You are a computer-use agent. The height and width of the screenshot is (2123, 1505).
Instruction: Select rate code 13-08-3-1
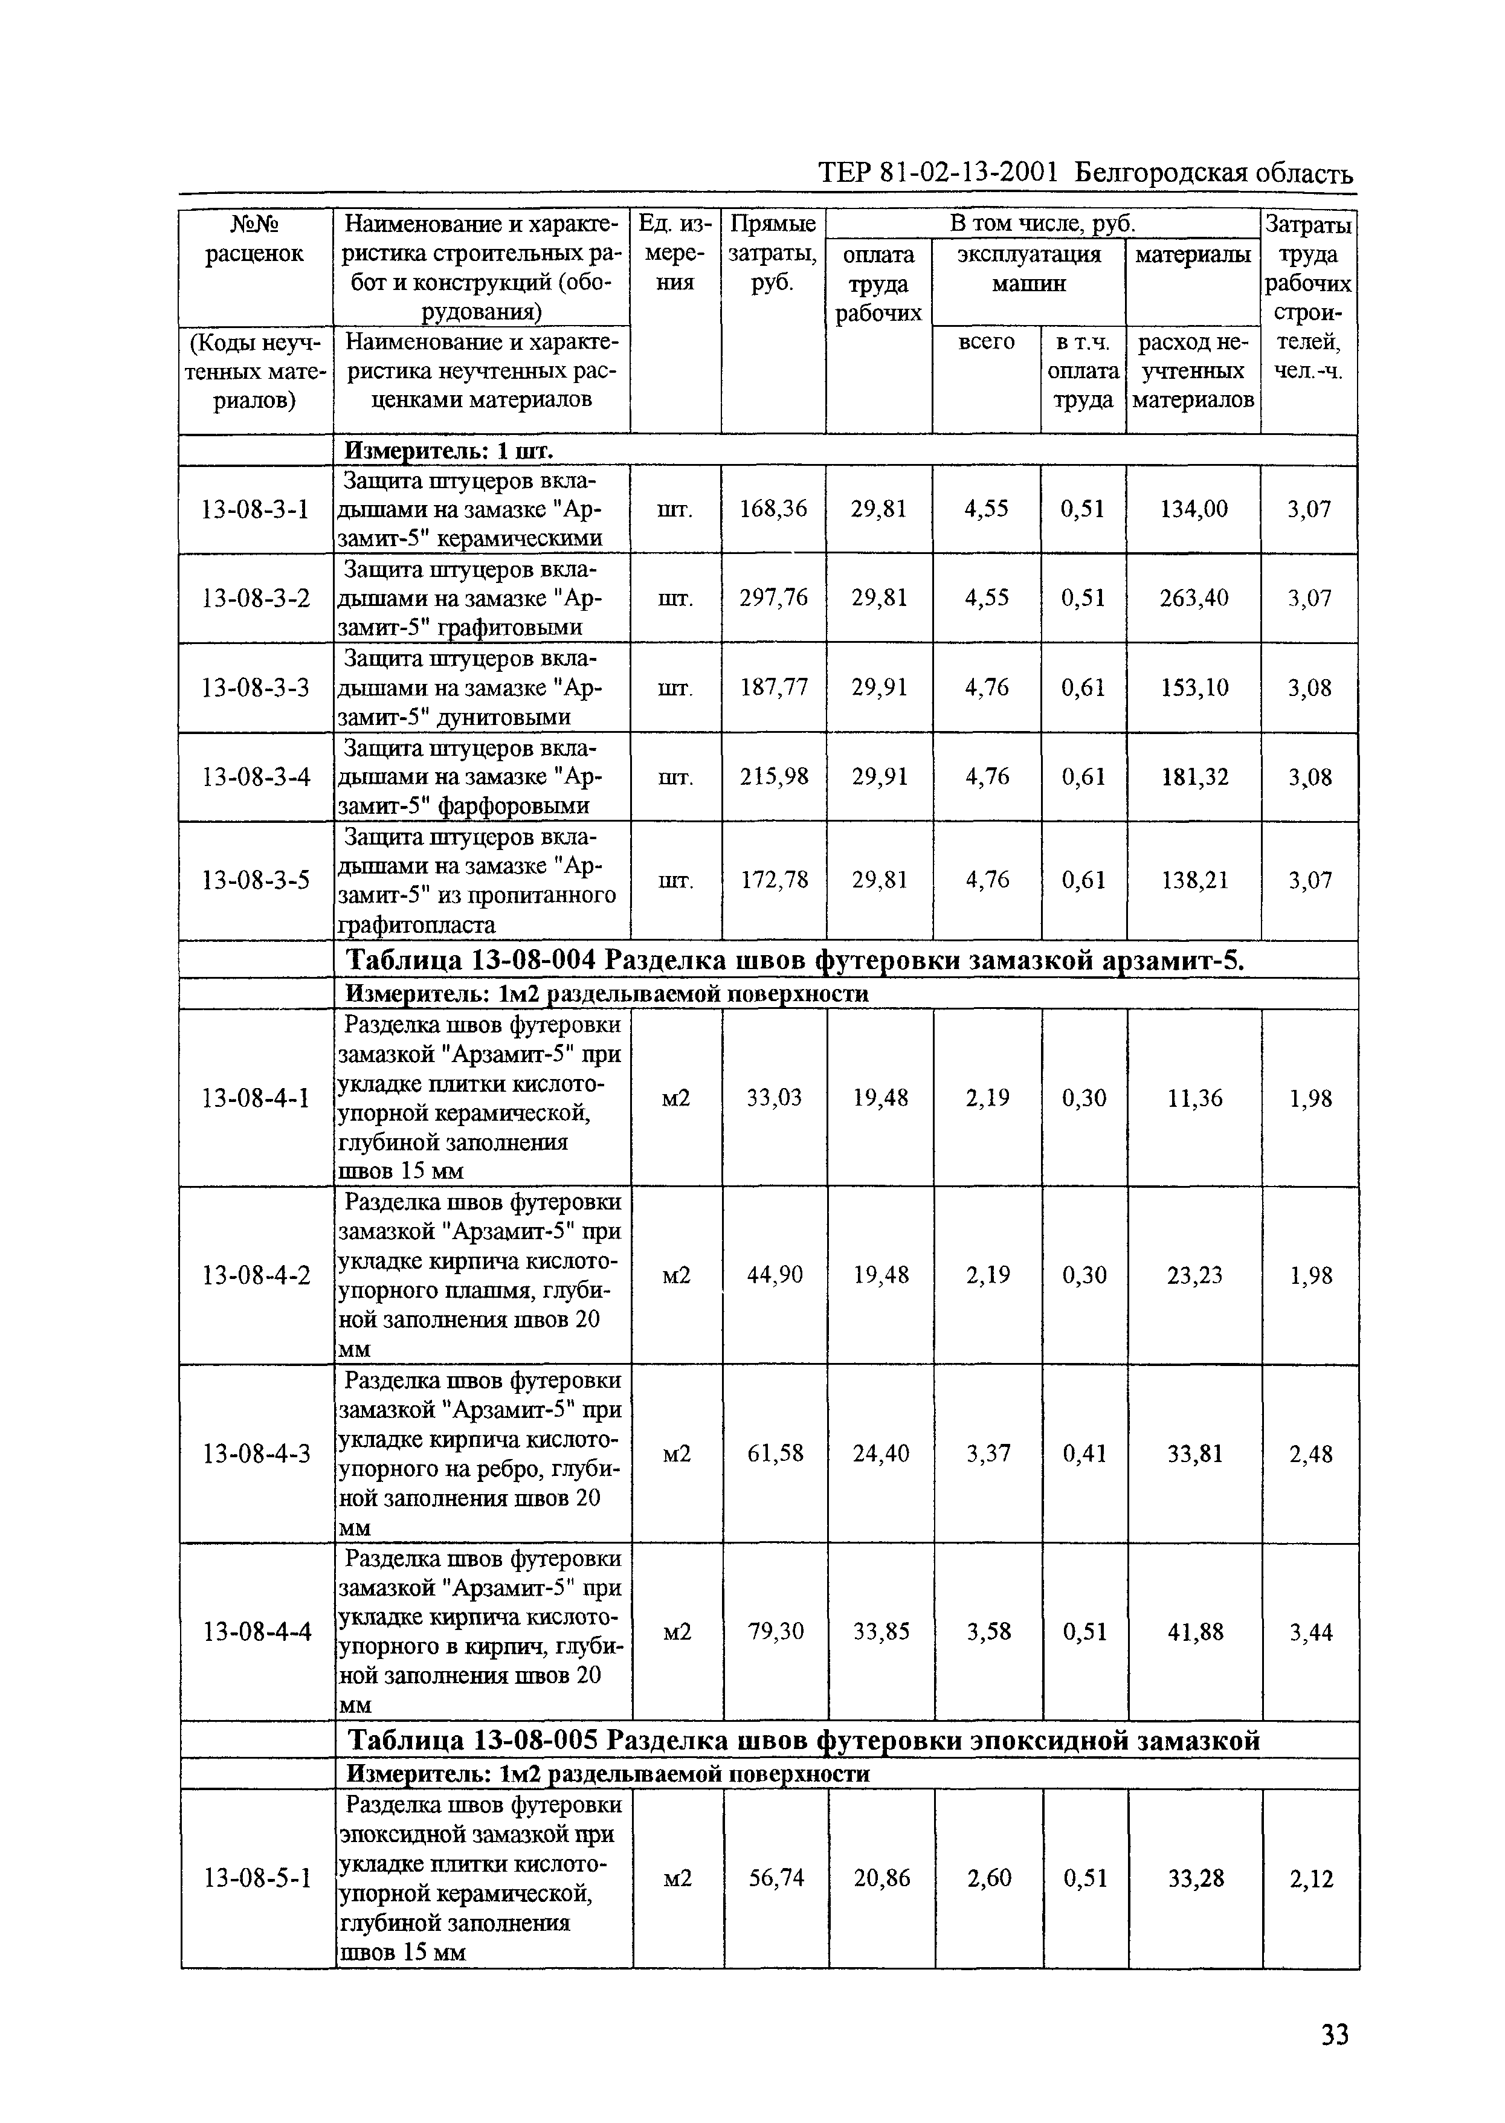click(x=256, y=509)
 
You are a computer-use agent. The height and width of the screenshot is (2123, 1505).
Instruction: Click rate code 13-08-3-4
click(x=256, y=776)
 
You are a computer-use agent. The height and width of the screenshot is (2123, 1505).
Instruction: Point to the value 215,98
click(x=774, y=776)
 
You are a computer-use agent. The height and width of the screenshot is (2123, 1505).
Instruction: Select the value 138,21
click(x=1194, y=880)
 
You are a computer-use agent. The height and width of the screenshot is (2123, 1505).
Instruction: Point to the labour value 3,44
click(x=1310, y=1632)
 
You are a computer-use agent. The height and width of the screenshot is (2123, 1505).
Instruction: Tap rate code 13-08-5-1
click(x=257, y=1878)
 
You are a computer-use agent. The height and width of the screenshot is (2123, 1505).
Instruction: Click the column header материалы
click(x=1193, y=254)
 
